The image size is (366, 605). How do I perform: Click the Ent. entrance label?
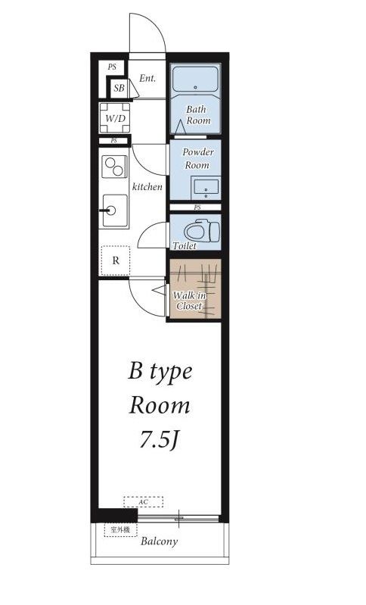click(147, 78)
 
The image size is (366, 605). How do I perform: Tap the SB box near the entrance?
click(119, 89)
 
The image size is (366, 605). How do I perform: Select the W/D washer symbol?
click(115, 118)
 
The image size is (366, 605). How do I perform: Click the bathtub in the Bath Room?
click(196, 79)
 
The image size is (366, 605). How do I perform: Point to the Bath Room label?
click(197, 115)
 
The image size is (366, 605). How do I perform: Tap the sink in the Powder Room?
click(204, 186)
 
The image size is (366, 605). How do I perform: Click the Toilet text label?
click(185, 246)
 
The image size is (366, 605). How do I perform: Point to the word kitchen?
click(147, 186)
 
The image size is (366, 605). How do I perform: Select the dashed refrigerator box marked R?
click(115, 260)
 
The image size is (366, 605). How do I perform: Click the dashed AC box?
click(143, 501)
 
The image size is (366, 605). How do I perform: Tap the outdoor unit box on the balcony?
click(120, 529)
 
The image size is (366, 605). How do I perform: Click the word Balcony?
click(159, 541)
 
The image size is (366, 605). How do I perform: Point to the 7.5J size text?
click(158, 439)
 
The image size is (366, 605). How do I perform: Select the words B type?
click(160, 371)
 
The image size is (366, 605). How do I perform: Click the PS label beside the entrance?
click(112, 67)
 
